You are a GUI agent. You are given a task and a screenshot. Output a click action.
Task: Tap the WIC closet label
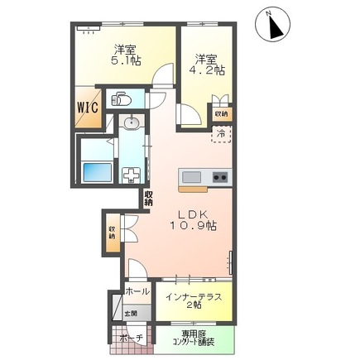click(89, 107)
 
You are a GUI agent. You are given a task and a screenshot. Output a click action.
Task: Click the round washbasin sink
click(130, 124)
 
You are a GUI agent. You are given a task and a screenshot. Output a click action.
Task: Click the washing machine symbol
click(131, 175)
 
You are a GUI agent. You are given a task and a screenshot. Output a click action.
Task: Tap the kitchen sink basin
click(191, 177)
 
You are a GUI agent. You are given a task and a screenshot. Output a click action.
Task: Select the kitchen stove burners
click(219, 177)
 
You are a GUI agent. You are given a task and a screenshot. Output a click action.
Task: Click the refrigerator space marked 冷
click(221, 132)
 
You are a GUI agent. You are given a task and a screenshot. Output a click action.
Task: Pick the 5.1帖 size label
click(127, 59)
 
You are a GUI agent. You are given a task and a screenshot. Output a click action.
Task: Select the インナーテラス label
click(192, 296)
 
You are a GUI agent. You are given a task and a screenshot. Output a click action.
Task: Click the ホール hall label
click(137, 292)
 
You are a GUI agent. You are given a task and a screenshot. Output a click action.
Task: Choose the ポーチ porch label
click(131, 339)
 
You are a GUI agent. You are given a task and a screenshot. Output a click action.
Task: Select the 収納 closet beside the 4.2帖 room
click(221, 113)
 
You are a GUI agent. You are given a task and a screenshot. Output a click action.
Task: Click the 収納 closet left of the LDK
click(112, 232)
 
